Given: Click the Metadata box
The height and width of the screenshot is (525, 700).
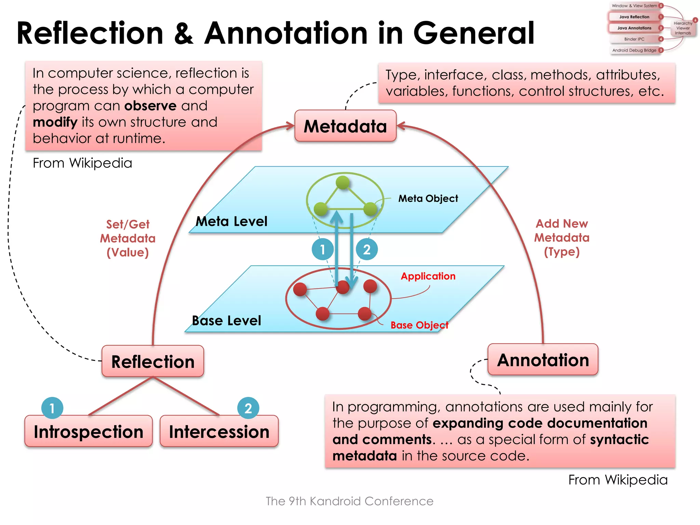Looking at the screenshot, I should click(345, 126).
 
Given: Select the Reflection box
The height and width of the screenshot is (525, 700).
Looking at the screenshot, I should click(153, 361).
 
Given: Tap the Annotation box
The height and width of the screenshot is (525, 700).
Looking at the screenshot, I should click(543, 360).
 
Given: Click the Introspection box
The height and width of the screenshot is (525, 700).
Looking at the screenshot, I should click(89, 431).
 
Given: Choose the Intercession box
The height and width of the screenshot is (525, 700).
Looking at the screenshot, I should click(219, 431).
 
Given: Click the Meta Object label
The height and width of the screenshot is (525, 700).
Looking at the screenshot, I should click(428, 198).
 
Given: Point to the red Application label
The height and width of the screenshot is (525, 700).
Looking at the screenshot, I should click(428, 276).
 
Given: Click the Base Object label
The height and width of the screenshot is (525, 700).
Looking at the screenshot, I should click(419, 325).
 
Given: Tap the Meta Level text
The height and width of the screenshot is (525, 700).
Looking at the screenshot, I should click(231, 221).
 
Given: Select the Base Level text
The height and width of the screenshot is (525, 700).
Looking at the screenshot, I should click(226, 321).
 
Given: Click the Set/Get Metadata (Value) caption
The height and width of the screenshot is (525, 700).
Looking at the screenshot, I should click(128, 238).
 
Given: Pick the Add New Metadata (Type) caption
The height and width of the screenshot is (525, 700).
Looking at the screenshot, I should click(562, 238).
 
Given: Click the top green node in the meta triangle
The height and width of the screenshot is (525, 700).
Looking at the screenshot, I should click(342, 183).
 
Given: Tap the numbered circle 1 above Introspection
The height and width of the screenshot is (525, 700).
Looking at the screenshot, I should click(52, 408).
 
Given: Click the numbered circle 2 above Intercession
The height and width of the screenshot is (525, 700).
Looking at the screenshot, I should click(248, 408).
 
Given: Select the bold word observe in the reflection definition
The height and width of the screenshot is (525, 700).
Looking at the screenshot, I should click(150, 106).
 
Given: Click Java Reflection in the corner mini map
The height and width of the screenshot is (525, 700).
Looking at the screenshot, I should click(634, 17).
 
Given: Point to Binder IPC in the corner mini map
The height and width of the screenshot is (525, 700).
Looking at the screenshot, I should click(634, 39).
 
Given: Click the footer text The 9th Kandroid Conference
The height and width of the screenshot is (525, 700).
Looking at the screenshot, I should click(349, 501).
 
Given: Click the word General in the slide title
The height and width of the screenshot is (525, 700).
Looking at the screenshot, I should click(474, 33).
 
